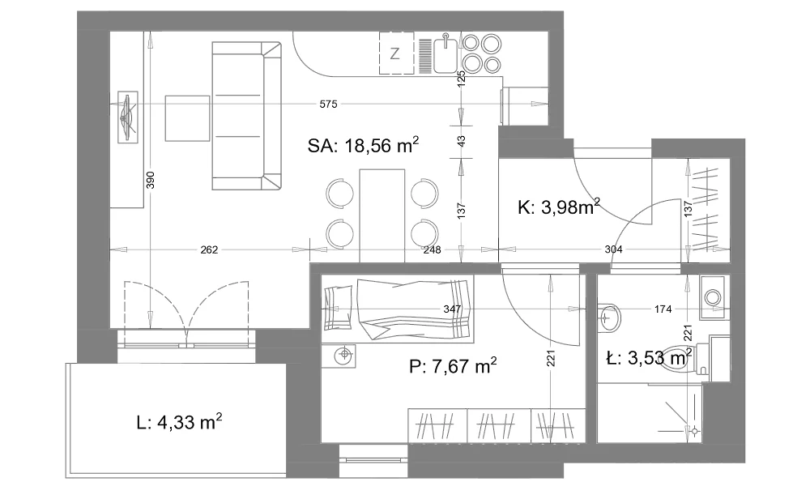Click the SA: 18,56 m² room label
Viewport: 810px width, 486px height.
point(363,145)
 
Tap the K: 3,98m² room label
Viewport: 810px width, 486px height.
point(559,207)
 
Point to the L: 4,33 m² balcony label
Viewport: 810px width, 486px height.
point(179,422)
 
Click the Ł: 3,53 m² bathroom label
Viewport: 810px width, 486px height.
point(649,357)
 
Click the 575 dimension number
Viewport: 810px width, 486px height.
point(328,104)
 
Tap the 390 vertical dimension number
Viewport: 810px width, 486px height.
point(151,180)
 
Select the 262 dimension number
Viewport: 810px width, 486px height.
point(209,250)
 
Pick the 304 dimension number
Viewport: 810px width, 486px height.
point(613,250)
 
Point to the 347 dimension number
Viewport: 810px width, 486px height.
point(452,309)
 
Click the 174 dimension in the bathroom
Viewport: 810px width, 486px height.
point(663,309)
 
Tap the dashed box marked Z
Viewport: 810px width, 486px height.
point(396,53)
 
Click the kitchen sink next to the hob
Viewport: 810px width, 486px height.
point(444,54)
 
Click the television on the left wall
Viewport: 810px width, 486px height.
point(128,117)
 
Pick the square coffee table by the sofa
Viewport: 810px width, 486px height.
point(188,118)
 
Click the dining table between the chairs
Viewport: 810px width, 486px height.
point(382,215)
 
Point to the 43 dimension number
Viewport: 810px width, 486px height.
point(462,140)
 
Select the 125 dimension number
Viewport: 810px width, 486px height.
point(462,78)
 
